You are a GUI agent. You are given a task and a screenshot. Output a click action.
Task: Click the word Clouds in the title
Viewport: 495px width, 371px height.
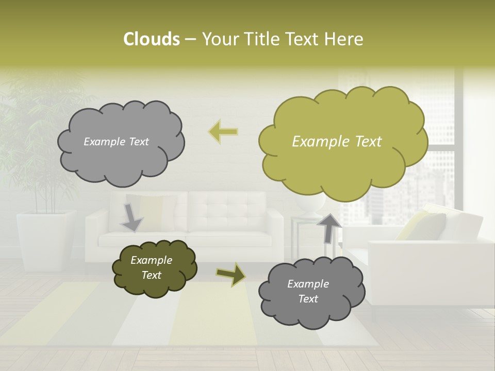[151, 39]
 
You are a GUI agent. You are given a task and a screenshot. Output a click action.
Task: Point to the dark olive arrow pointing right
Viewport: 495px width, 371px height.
[231, 274]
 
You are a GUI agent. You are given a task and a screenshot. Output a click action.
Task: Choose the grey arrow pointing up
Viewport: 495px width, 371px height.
[329, 228]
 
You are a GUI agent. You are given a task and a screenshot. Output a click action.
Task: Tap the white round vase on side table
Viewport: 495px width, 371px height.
[309, 205]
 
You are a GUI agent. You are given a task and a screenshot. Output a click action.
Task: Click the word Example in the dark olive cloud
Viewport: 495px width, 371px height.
[151, 260]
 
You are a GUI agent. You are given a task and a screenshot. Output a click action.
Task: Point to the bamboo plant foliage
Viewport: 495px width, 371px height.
[39, 134]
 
